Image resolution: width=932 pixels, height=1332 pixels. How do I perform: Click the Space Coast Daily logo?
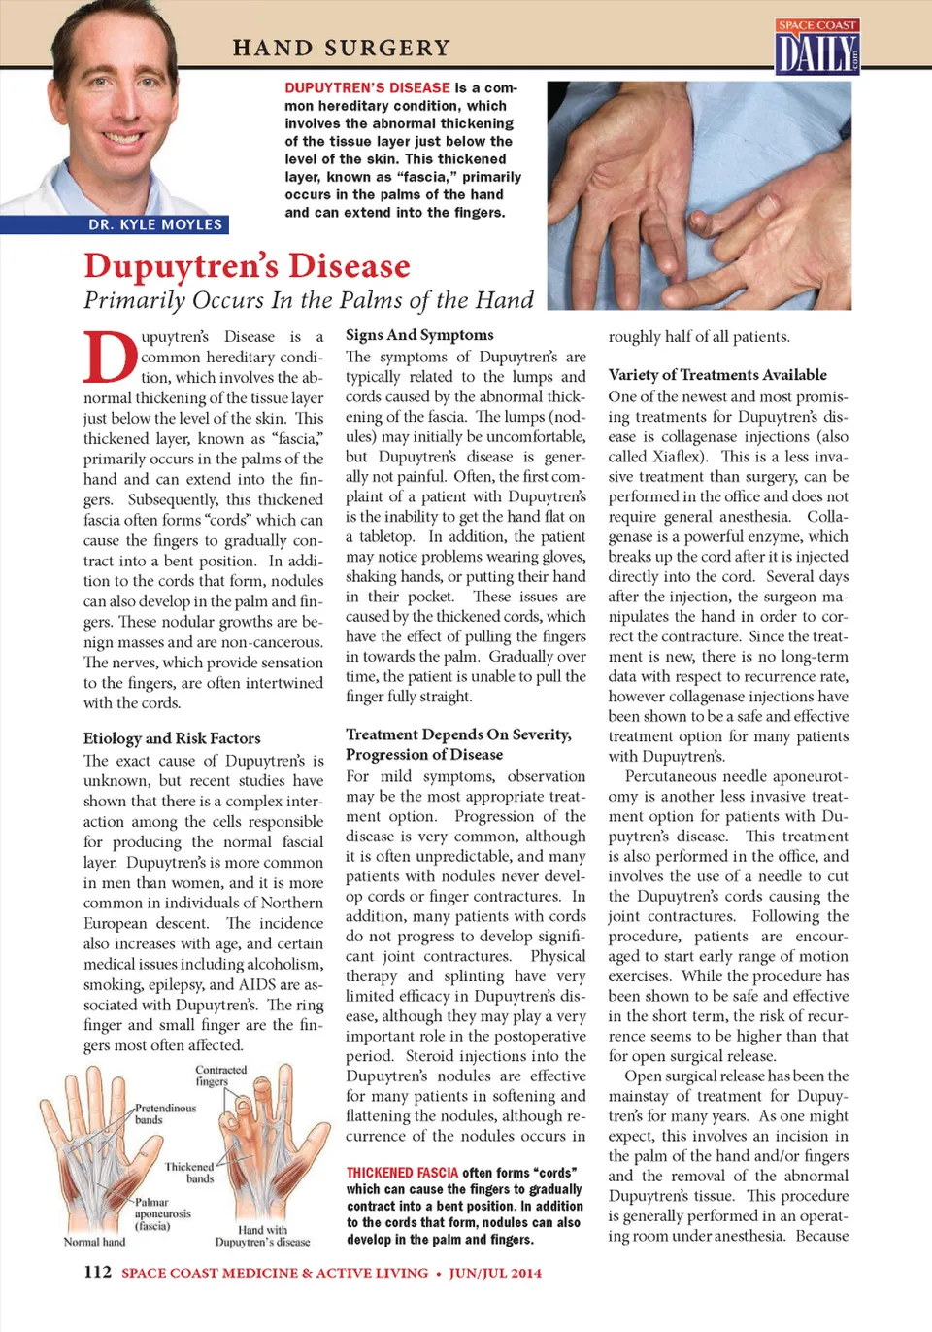pyautogui.click(x=816, y=48)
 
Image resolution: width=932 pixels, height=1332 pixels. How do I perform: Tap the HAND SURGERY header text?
pyautogui.click(x=341, y=48)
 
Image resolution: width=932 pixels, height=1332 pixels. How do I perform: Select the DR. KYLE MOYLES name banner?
pyautogui.click(x=155, y=224)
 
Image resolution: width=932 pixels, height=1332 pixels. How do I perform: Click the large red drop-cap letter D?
pyautogui.click(x=110, y=358)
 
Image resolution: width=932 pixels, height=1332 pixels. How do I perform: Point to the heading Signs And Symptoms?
pyautogui.click(x=419, y=335)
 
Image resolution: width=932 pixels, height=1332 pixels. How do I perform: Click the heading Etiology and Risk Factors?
pyautogui.click(x=172, y=738)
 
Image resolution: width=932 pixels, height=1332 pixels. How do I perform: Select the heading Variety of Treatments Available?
pyautogui.click(x=717, y=375)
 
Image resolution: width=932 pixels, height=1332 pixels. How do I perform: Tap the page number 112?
pyautogui.click(x=97, y=1272)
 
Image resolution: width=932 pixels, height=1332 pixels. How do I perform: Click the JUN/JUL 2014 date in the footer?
pyautogui.click(x=495, y=1273)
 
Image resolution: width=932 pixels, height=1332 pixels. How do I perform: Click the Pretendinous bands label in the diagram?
pyautogui.click(x=164, y=1113)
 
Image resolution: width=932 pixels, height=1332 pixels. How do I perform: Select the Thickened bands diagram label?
pyautogui.click(x=189, y=1172)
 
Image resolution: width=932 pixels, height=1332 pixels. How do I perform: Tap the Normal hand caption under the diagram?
pyautogui.click(x=94, y=1242)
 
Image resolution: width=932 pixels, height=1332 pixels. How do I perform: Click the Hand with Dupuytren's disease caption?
pyautogui.click(x=262, y=1236)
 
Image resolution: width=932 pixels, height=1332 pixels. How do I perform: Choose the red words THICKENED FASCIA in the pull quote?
pyautogui.click(x=402, y=1173)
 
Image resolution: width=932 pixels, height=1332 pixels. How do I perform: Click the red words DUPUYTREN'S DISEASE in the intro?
pyautogui.click(x=367, y=87)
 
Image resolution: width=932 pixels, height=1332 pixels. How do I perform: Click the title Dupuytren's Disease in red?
pyautogui.click(x=247, y=265)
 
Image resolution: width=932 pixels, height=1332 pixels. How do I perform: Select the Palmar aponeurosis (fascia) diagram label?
pyautogui.click(x=162, y=1213)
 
